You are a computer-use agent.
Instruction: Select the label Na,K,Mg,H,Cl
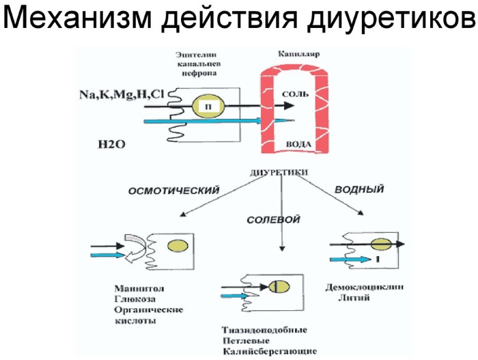[121, 94]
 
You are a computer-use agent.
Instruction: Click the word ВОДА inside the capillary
[296, 144]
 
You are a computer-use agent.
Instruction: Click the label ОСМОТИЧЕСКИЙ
[174, 191]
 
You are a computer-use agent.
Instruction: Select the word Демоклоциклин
[363, 288]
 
